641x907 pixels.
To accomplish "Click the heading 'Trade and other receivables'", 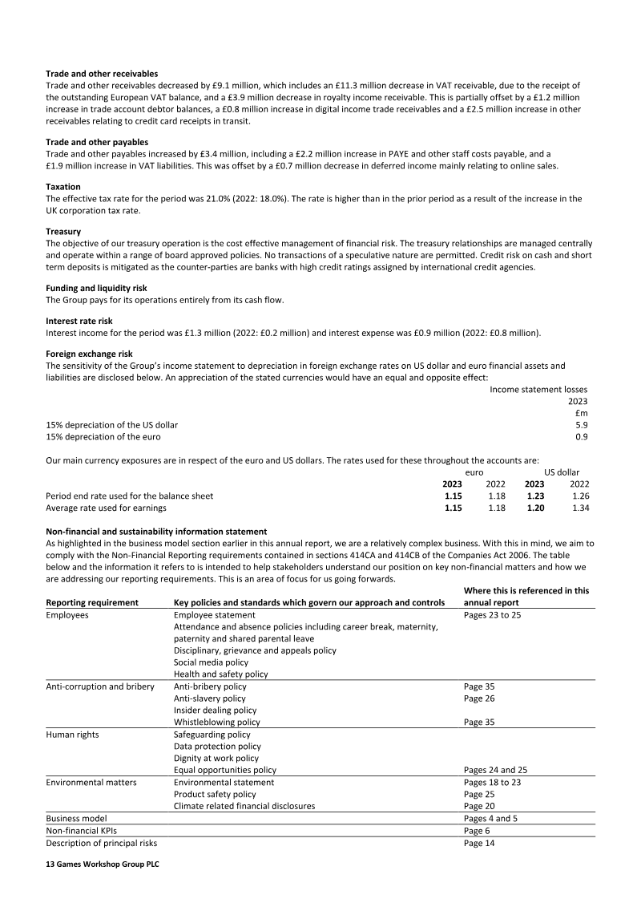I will pos(102,74).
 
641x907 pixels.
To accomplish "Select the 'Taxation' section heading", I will pos(63,187).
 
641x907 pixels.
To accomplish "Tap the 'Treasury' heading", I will pos(63,232).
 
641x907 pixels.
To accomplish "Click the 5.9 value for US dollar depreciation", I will pos(582,425).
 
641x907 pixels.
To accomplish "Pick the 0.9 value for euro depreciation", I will pos(582,437).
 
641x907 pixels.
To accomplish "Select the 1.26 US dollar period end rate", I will pos(580,496).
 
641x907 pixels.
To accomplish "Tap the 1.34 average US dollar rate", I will pos(580,508).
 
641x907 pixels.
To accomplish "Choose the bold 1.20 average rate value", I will pos(534,508).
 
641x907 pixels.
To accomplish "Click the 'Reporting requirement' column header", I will pos(92,602).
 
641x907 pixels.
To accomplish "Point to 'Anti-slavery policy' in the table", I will pos(210,698).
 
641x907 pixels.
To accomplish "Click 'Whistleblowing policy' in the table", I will pos(217,722).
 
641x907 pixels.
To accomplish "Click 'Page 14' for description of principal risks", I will pos(480,843).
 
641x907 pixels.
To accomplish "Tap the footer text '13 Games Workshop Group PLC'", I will pos(103,865).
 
